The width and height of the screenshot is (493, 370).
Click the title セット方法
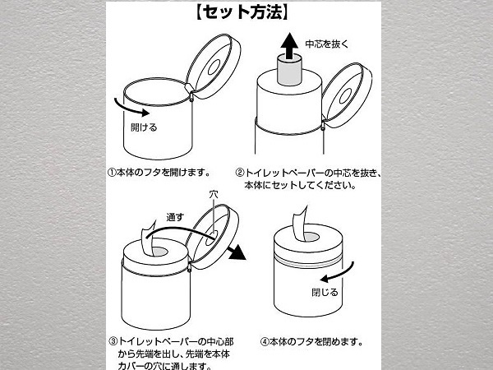[242, 13]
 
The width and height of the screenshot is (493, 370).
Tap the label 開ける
[144, 127]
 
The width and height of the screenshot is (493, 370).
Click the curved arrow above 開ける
[131, 109]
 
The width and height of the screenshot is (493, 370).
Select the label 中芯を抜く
[327, 44]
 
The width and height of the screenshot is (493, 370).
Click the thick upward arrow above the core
[289, 46]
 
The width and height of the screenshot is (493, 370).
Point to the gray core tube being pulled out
[289, 70]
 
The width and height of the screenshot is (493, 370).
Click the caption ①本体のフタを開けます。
[159, 173]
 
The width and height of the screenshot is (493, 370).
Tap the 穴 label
[214, 195]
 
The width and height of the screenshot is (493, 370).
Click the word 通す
[175, 217]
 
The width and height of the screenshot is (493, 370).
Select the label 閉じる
[325, 292]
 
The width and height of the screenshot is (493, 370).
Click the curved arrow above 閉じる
[337, 272]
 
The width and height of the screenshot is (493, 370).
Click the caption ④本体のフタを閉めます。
[311, 342]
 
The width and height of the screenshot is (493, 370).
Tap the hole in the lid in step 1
[214, 67]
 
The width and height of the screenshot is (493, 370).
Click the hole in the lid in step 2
[345, 95]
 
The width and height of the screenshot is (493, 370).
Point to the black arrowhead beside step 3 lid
[237, 252]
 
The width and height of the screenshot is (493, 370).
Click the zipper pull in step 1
[191, 96]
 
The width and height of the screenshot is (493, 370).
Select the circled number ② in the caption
[240, 173]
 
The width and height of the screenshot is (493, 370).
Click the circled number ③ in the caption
[113, 341]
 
